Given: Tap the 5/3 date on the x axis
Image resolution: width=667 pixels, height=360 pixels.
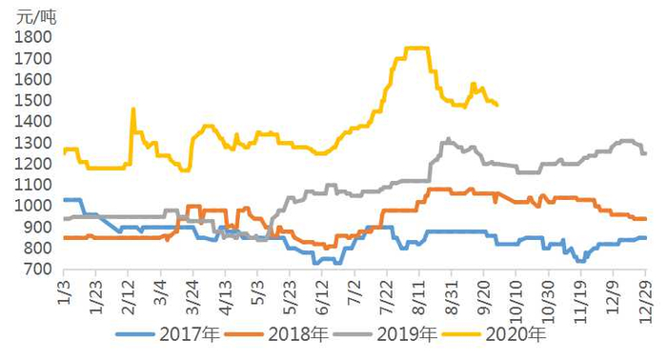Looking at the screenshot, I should pyautogui.click(x=256, y=290).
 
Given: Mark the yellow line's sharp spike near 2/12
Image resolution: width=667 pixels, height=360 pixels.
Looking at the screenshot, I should pyautogui.click(x=132, y=109).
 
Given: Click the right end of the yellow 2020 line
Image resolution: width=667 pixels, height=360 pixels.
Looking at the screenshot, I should pyautogui.click(x=497, y=105).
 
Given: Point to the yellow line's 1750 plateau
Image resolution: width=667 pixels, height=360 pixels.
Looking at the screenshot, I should pyautogui.click(x=416, y=48).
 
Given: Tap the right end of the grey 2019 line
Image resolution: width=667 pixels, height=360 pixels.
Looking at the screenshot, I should pyautogui.click(x=645, y=153).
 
